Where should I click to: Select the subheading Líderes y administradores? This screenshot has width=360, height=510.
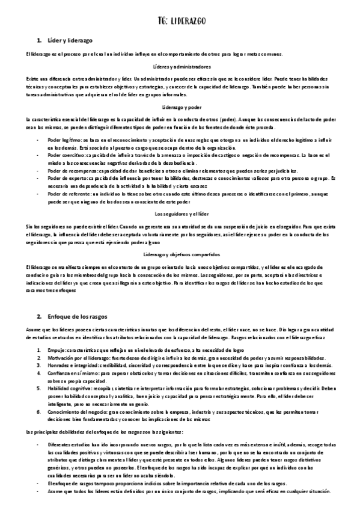[x=182, y=67]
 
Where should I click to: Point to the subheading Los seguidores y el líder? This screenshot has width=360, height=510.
[x=182, y=214]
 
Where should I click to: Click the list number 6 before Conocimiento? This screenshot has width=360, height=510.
[x=38, y=411]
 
